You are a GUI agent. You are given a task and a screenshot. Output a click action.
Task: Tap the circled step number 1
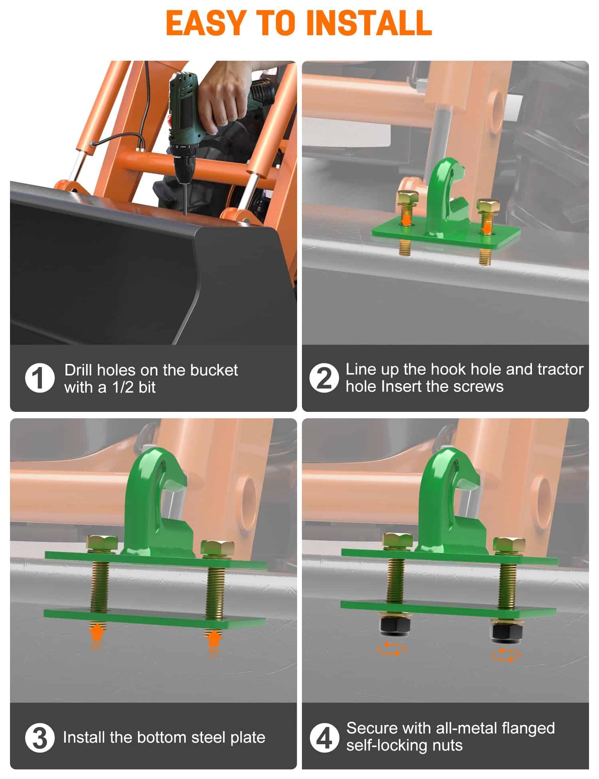40,378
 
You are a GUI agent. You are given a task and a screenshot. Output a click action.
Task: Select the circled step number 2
324,378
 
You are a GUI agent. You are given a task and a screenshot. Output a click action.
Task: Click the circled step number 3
40,738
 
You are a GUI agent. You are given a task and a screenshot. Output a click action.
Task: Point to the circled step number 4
324,738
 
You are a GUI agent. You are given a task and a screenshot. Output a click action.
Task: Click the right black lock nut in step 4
506,632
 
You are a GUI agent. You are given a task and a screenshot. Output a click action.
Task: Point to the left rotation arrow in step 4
391,649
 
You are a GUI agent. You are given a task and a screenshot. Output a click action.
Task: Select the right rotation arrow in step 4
506,655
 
